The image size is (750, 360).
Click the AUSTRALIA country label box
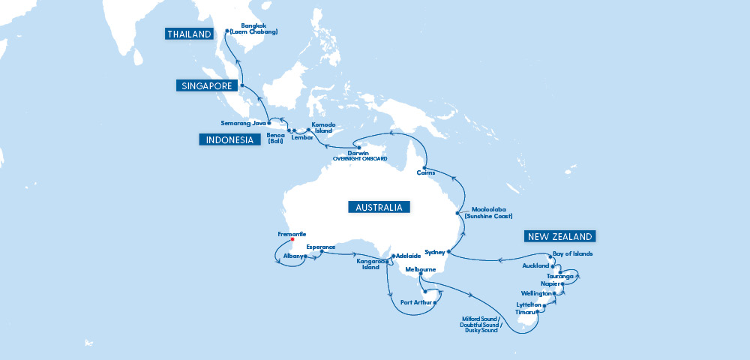coord(379,207)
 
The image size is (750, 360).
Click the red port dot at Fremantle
coord(292,240)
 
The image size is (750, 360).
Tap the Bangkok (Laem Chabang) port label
coord(254,29)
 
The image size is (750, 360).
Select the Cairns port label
coord(425,173)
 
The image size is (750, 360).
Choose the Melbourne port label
coord(420,268)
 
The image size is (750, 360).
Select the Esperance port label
coord(321,246)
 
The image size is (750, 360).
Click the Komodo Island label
coord(322,127)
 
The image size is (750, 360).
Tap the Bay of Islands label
coord(572,253)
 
